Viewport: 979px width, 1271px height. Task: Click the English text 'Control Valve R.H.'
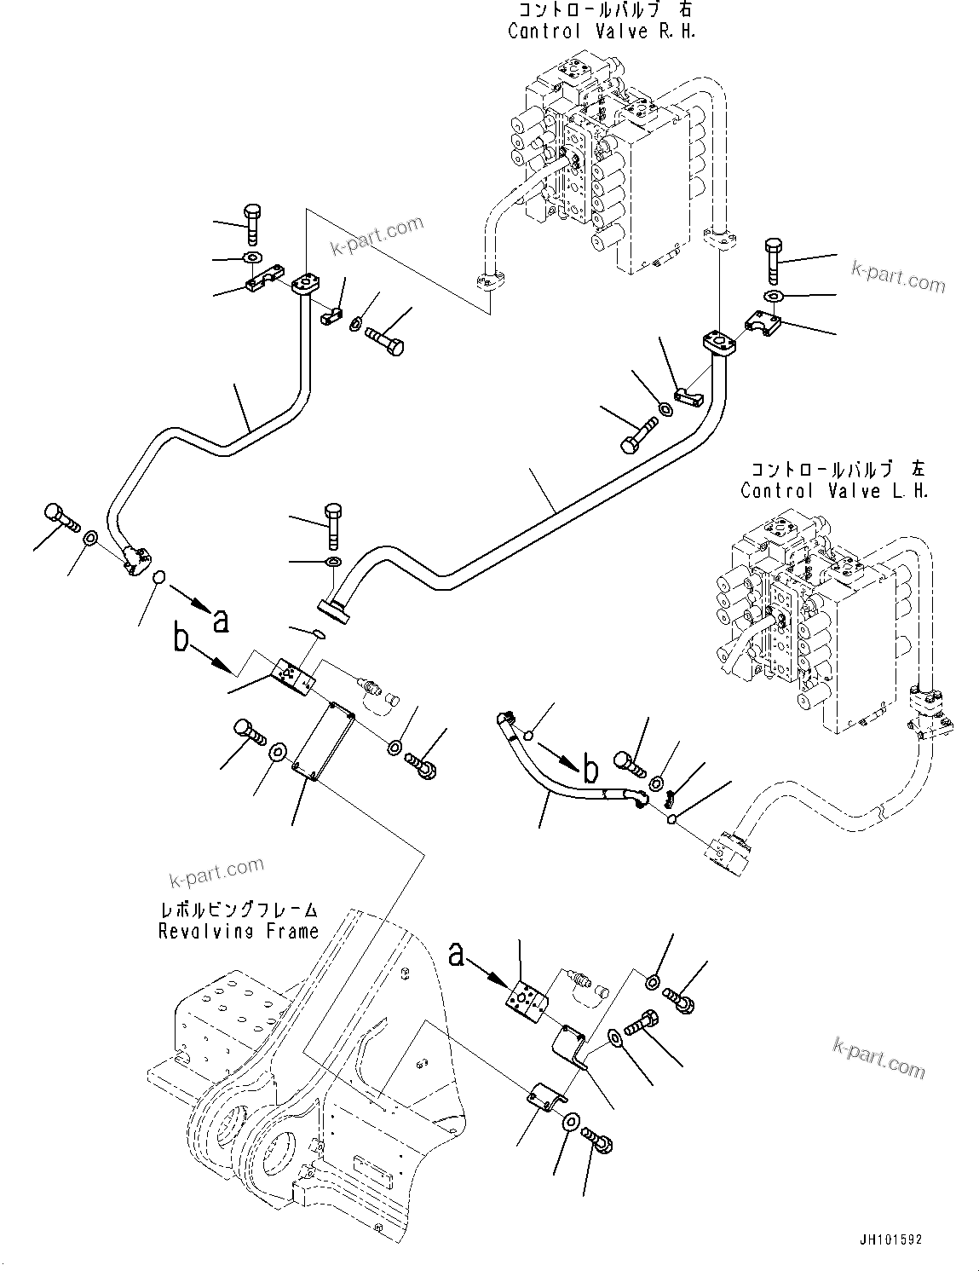click(x=602, y=32)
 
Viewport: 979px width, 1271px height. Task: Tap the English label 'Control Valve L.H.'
click(x=834, y=491)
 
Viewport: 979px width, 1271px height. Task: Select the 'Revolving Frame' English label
click(x=238, y=932)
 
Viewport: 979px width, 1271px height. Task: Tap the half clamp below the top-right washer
click(x=764, y=324)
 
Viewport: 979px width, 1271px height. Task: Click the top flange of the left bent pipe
click(x=304, y=285)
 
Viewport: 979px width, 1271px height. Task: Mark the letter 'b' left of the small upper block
click(x=181, y=639)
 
